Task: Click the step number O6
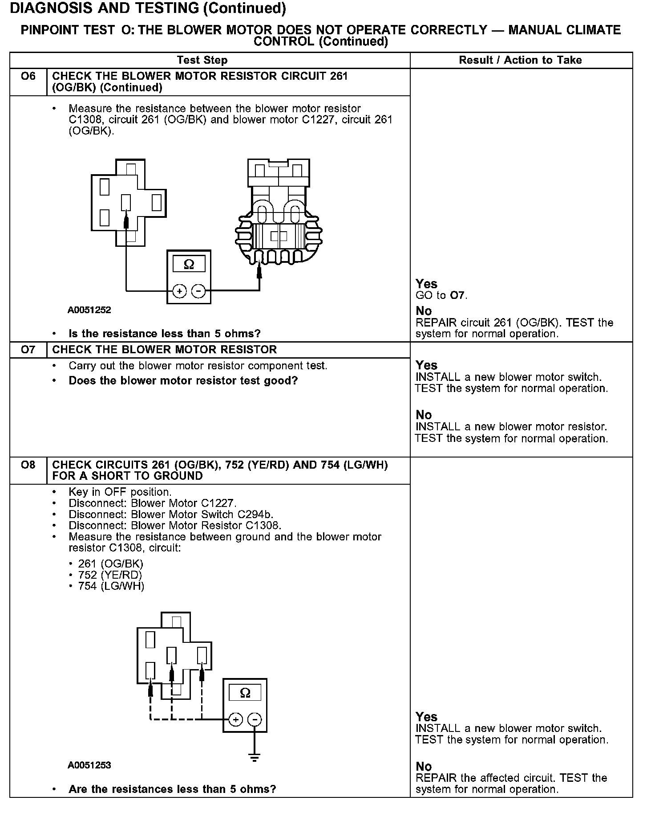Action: [28, 76]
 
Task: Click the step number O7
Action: [28, 350]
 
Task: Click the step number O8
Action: [28, 465]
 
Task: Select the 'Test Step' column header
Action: [202, 60]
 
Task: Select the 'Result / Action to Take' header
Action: [520, 60]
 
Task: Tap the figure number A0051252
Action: [89, 310]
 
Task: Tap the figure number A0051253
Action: [89, 765]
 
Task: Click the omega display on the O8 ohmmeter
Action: [245, 693]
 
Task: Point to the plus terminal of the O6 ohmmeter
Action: [180, 291]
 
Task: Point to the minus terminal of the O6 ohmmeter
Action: [198, 291]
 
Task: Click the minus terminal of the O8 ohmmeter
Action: [255, 719]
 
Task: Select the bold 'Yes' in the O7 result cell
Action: [426, 365]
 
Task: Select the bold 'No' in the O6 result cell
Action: [424, 311]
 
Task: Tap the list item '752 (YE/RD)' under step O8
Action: [110, 575]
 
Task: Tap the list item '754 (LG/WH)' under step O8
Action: [111, 586]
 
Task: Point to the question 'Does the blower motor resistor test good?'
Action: [183, 381]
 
